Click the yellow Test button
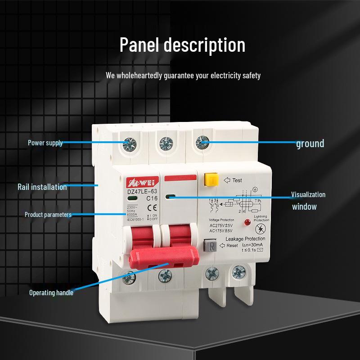point(210,180)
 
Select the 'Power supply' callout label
point(45,143)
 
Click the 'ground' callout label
point(310,144)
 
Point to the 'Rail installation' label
point(42,187)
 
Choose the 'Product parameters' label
point(48,215)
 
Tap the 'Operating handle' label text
point(51,292)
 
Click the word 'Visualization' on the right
point(308,195)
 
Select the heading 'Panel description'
point(183,45)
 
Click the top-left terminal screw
point(130,144)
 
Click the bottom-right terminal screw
point(237,272)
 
